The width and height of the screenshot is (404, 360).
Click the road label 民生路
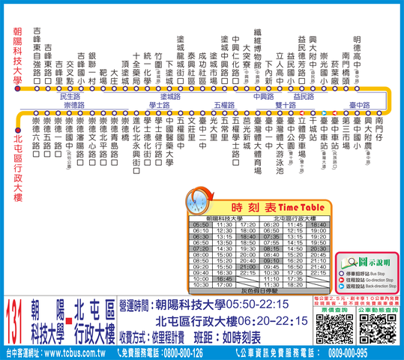[x=70, y=97]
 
